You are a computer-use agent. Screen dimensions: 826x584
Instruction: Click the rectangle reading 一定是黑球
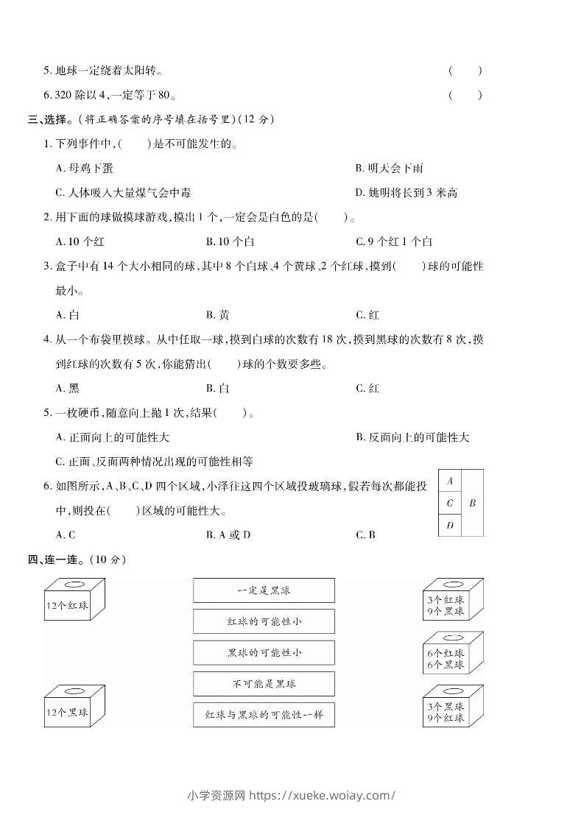click(x=264, y=590)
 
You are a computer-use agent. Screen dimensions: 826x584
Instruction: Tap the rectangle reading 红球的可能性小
click(x=264, y=621)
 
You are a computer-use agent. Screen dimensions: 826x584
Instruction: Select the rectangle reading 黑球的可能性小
click(x=264, y=653)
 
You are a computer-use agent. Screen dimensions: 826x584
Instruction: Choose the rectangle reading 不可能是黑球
click(x=264, y=684)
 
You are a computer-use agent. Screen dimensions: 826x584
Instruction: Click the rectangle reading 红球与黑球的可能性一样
click(x=264, y=715)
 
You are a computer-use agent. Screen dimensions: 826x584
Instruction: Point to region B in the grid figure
click(x=472, y=503)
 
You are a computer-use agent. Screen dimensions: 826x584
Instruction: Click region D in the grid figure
click(x=450, y=525)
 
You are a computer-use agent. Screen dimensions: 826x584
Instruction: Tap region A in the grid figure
click(x=450, y=481)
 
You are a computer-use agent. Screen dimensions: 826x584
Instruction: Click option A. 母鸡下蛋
click(x=85, y=169)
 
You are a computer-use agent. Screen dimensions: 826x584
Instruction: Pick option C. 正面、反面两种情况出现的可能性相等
click(x=155, y=462)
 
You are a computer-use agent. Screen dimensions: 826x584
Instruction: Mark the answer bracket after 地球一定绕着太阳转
click(x=465, y=71)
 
